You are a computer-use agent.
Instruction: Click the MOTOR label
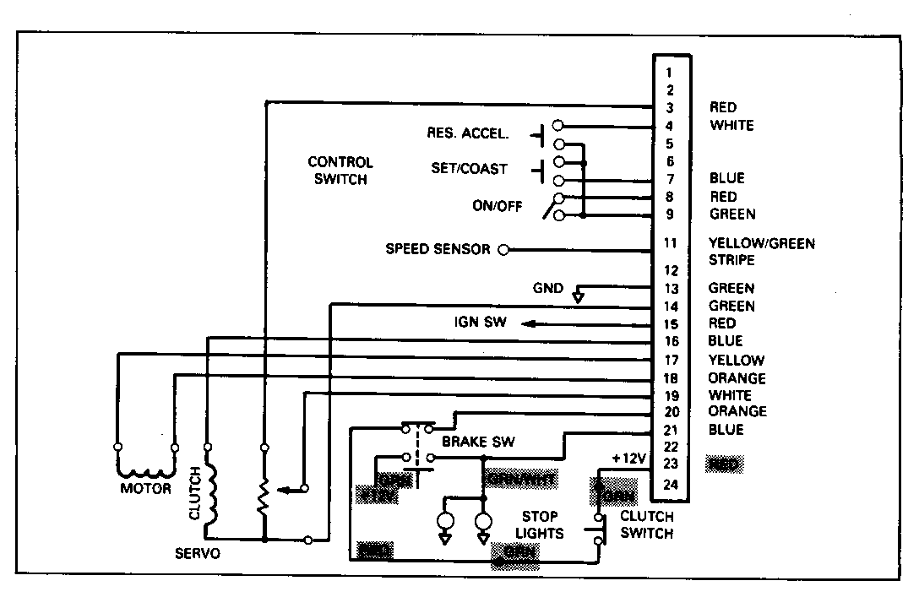[145, 488]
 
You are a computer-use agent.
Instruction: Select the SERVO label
[199, 553]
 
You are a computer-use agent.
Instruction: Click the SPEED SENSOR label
[438, 250]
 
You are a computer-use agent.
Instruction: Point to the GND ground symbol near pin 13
[578, 296]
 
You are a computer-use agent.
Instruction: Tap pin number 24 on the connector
[671, 484]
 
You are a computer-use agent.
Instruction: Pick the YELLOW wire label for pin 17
[737, 360]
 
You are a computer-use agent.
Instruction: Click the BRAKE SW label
[478, 442]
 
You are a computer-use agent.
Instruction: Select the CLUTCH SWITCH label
[646, 524]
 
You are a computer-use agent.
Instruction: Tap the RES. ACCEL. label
[469, 133]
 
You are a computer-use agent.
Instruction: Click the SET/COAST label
[469, 169]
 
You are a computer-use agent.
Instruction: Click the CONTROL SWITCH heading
[340, 171]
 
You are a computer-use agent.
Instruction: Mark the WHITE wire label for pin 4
[731, 126]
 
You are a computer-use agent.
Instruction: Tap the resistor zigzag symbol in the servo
[264, 497]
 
